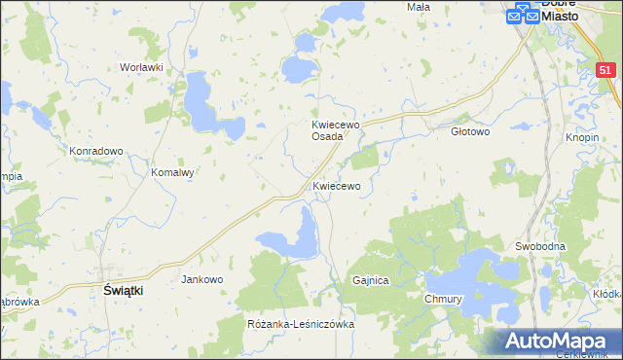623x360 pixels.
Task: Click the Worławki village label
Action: [139, 67]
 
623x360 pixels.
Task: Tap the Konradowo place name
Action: [95, 151]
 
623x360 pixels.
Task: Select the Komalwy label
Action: [173, 172]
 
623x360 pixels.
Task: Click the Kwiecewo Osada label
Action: [336, 130]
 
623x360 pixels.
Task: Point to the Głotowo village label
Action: [471, 131]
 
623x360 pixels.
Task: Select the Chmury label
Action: [442, 299]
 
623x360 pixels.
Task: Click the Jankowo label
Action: [202, 279]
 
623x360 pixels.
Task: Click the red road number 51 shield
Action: [605, 70]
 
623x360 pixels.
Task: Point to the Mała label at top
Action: [419, 6]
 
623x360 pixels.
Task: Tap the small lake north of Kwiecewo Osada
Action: [305, 42]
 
